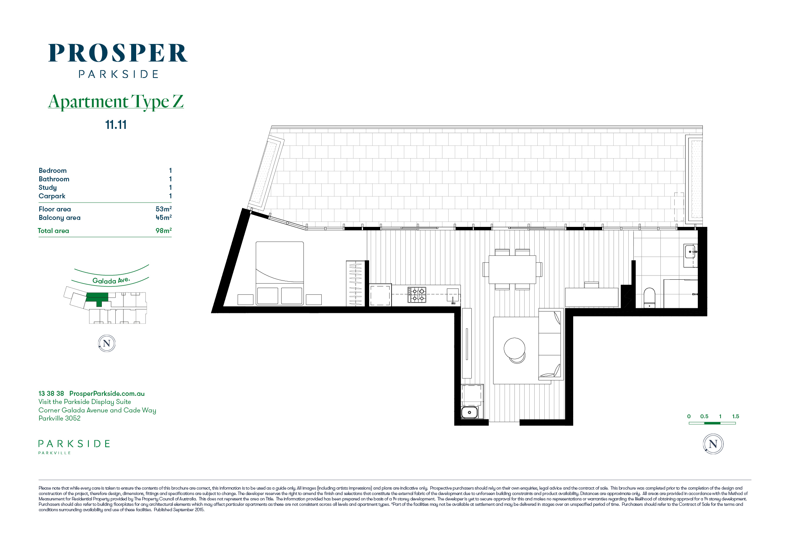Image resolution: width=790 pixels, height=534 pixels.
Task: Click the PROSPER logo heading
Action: coord(118,53)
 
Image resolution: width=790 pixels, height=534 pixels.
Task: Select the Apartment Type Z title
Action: coord(116,101)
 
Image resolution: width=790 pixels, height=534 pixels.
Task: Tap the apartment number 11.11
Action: coord(116,125)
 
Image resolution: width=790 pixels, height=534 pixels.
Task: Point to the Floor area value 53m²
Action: coord(164,209)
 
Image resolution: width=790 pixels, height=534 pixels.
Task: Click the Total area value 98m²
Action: coord(164,230)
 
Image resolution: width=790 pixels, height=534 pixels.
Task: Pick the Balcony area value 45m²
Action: coord(164,217)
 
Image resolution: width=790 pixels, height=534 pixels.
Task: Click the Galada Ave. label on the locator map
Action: coord(111,281)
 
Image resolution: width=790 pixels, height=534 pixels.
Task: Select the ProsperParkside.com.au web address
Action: coord(107,394)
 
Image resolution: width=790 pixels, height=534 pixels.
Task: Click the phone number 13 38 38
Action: coord(51,394)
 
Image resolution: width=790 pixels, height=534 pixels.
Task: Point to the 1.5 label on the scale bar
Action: coord(736,416)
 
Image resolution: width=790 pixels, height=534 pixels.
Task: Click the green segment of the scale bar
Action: coord(712,423)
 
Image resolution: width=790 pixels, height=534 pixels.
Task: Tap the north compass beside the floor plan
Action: coord(713,444)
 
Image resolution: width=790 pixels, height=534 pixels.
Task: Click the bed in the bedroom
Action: coord(280,273)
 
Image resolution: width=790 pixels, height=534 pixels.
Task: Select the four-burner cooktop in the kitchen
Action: coord(417,295)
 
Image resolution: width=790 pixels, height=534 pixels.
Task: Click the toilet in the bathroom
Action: coord(650,298)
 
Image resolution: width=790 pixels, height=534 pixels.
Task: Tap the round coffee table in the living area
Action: coord(515,349)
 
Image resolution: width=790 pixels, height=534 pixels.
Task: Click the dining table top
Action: coord(512,270)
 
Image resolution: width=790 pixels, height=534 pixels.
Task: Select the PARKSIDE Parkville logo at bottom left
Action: coord(74,447)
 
